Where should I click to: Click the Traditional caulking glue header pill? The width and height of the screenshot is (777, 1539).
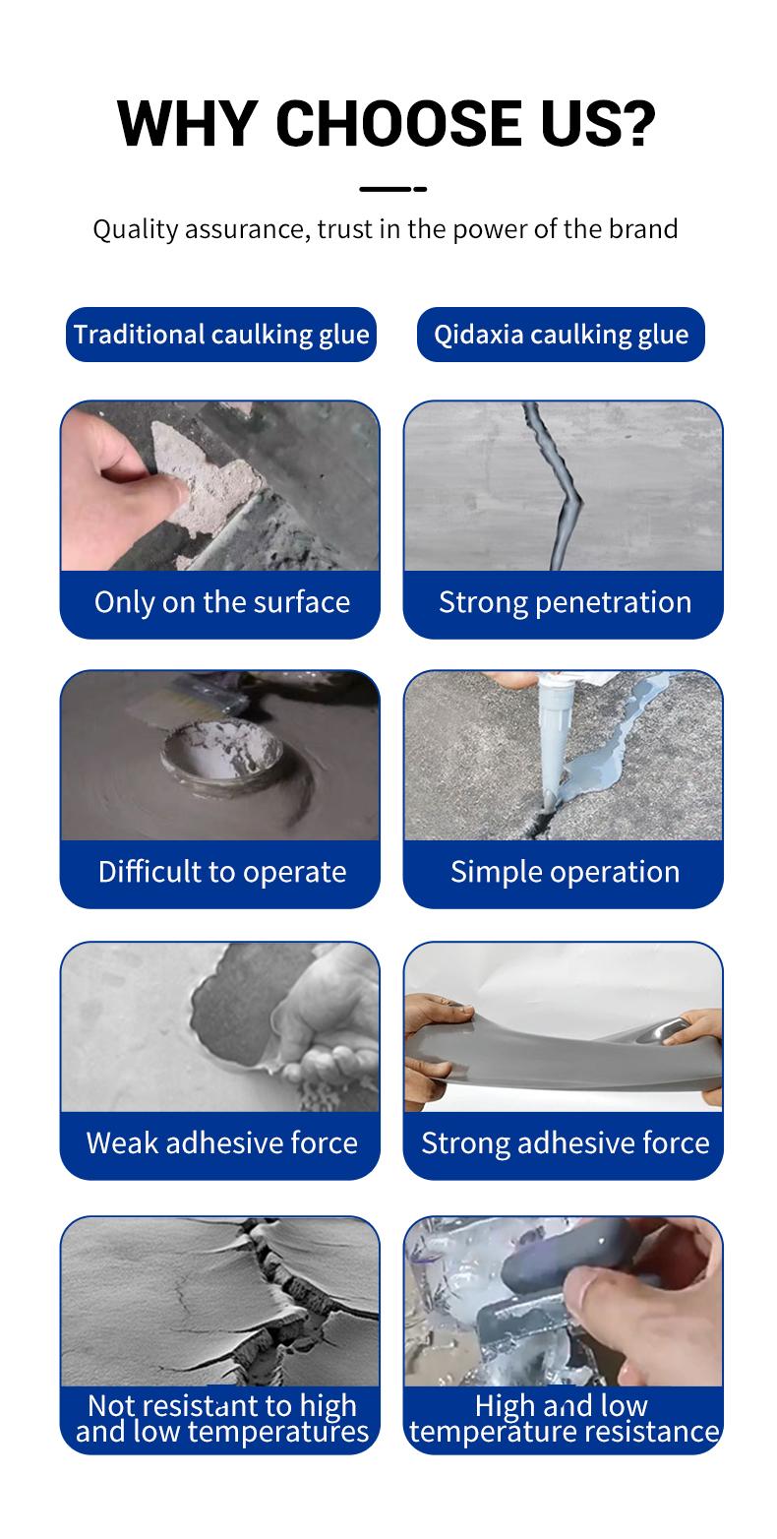[x=221, y=335]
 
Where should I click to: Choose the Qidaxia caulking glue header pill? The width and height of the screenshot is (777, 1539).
[x=561, y=335]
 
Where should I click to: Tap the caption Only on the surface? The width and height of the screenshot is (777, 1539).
[x=221, y=602]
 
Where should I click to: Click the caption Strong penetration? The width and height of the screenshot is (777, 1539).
[x=565, y=602]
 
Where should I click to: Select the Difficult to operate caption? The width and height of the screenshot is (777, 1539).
[x=221, y=872]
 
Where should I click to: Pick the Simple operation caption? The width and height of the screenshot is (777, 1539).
[x=565, y=872]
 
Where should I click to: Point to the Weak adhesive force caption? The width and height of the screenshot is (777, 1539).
[x=221, y=1142]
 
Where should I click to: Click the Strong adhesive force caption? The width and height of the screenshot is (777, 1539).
[x=565, y=1142]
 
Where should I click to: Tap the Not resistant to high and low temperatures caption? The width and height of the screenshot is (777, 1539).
[x=221, y=1418]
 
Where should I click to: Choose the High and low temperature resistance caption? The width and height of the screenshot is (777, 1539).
[x=565, y=1418]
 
